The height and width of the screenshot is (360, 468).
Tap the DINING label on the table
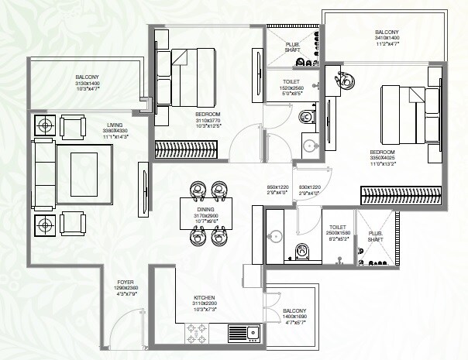coord(206,209)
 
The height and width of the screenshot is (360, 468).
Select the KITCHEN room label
coord(205,297)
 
